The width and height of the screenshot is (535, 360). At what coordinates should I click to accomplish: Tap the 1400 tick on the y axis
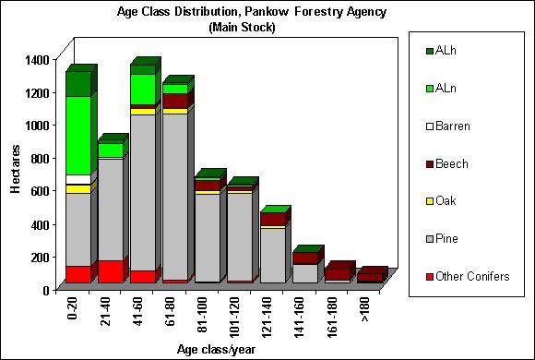click(x=36, y=60)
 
